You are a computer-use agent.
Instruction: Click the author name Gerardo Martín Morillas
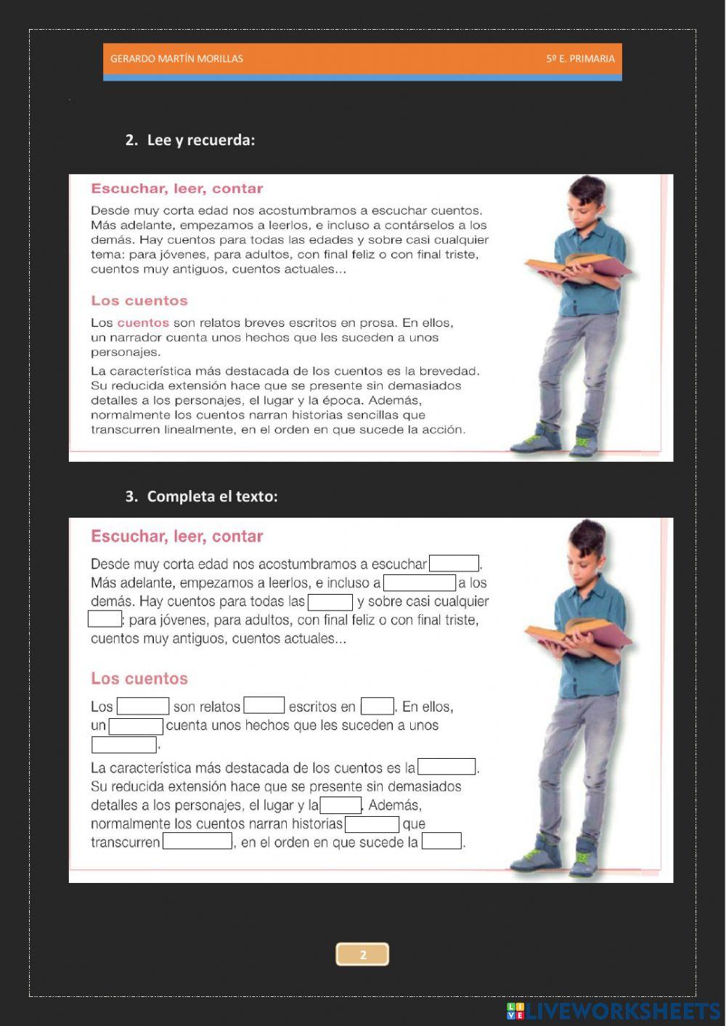176,59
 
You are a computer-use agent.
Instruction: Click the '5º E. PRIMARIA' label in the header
580,59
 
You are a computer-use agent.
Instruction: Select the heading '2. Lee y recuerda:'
190,140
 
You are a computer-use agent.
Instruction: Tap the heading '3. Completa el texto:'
202,497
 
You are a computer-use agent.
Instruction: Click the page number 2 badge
363,954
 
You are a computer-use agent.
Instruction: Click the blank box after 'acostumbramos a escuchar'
454,563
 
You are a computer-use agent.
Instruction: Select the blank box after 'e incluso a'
420,582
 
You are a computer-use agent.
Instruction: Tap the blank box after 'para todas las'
330,602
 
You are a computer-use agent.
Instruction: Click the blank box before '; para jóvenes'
105,619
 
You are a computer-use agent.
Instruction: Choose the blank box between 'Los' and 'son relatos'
143,706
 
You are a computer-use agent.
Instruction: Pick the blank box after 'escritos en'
378,706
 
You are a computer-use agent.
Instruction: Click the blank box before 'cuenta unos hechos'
136,725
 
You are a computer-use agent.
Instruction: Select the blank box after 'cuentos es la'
447,767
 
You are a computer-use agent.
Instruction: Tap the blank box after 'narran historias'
372,824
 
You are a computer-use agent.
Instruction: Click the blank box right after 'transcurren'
197,842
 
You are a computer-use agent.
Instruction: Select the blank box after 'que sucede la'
441,842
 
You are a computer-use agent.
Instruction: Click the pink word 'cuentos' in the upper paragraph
143,323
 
